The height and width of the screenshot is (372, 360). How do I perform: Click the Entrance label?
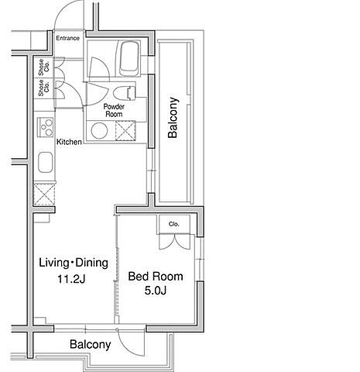[68, 38]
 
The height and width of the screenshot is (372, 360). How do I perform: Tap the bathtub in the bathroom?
[129, 58]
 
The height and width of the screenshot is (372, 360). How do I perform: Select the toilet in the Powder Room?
[124, 93]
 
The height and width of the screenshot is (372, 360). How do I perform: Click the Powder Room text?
[114, 110]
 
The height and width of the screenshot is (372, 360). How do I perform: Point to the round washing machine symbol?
[99, 130]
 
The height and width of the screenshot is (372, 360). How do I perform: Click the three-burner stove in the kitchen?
[46, 127]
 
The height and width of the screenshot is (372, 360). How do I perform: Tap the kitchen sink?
[46, 162]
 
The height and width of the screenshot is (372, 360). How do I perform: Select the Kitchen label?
[69, 142]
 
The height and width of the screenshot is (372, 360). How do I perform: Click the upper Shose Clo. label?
[44, 67]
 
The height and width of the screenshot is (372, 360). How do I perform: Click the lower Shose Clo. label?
[44, 88]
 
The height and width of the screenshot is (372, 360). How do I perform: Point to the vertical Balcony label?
[173, 118]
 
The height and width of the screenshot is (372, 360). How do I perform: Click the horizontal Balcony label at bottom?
[91, 345]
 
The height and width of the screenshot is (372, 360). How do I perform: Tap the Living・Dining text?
[74, 263]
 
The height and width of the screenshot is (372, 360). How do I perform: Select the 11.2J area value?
[71, 279]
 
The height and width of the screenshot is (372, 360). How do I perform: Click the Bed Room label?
[156, 277]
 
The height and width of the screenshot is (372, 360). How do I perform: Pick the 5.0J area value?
[156, 291]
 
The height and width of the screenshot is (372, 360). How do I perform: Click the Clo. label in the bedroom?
[174, 224]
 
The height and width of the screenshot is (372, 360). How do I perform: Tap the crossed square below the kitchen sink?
[44, 195]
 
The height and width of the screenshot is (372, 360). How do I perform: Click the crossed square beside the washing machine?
[125, 131]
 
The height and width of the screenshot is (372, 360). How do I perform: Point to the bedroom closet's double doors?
[175, 242]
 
